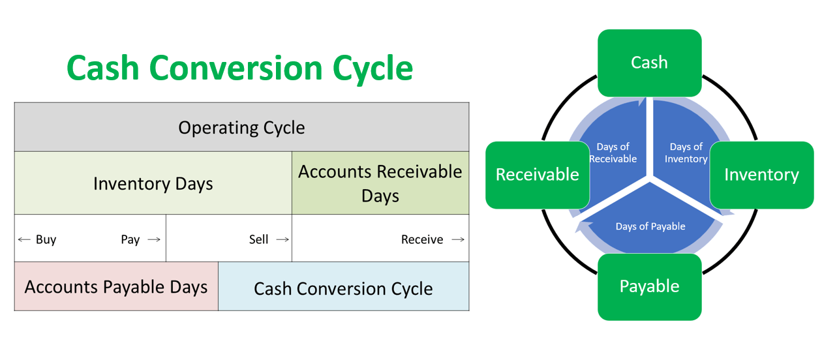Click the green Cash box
[x=649, y=63]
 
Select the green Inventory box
[x=761, y=174]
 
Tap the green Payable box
[x=649, y=286]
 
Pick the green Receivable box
[x=538, y=174]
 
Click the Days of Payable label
[x=650, y=226]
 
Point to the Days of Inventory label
[x=686, y=153]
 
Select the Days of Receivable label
[x=613, y=153]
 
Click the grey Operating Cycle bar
[x=241, y=127]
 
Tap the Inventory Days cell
[x=153, y=183]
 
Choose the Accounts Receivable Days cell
[x=380, y=183]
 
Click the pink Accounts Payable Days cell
[x=116, y=286]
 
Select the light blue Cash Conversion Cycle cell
[x=343, y=288]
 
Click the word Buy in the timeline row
[x=46, y=239]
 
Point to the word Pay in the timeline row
[x=130, y=239]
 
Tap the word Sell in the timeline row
[x=258, y=239]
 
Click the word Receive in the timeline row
[x=422, y=239]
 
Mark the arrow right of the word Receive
[x=458, y=239]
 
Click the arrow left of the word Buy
[x=24, y=239]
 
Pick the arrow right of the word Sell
[x=282, y=239]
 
